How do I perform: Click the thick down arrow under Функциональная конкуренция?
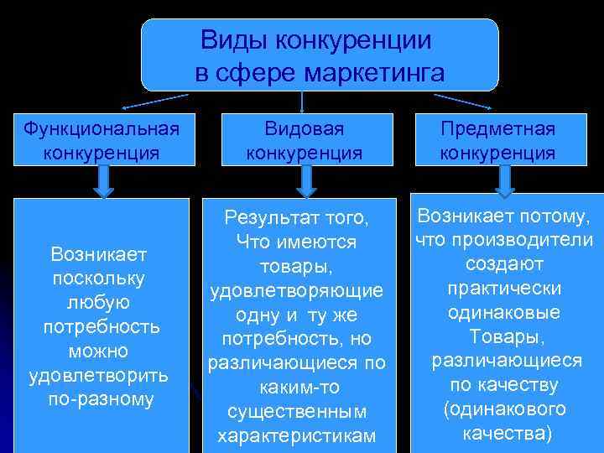click(x=103, y=180)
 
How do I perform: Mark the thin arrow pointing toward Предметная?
click(x=461, y=102)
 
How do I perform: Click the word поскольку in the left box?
click(x=99, y=277)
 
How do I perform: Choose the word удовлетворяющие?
click(x=296, y=290)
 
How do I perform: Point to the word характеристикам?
click(x=296, y=436)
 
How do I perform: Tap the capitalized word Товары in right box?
click(x=507, y=336)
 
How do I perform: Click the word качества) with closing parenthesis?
click(x=507, y=434)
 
